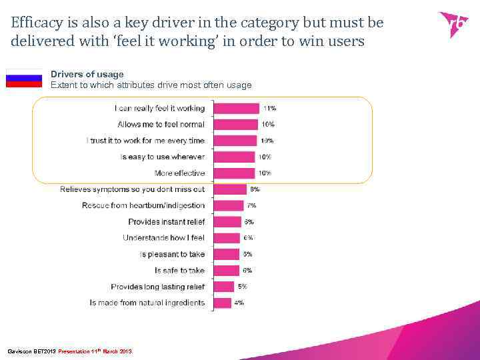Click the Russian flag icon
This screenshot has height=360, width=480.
24,79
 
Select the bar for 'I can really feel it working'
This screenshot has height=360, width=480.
236,108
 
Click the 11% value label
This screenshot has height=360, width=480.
269,108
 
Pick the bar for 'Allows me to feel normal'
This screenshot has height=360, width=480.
235,125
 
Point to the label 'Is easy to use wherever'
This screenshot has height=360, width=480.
163,157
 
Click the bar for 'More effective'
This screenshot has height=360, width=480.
234,173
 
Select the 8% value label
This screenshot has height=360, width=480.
255,189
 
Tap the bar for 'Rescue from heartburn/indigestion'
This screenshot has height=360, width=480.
229,205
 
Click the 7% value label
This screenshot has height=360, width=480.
251,205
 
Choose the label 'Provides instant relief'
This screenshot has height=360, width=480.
167,222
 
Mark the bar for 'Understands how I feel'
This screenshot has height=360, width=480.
227,238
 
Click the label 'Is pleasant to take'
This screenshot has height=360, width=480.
173,254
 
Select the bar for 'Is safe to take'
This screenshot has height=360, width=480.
226,271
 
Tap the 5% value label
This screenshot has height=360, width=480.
243,287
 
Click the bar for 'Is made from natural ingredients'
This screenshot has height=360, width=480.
222,303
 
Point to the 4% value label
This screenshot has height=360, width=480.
239,303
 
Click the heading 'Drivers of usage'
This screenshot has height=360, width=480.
87,75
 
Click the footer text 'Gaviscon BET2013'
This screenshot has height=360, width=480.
31,351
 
